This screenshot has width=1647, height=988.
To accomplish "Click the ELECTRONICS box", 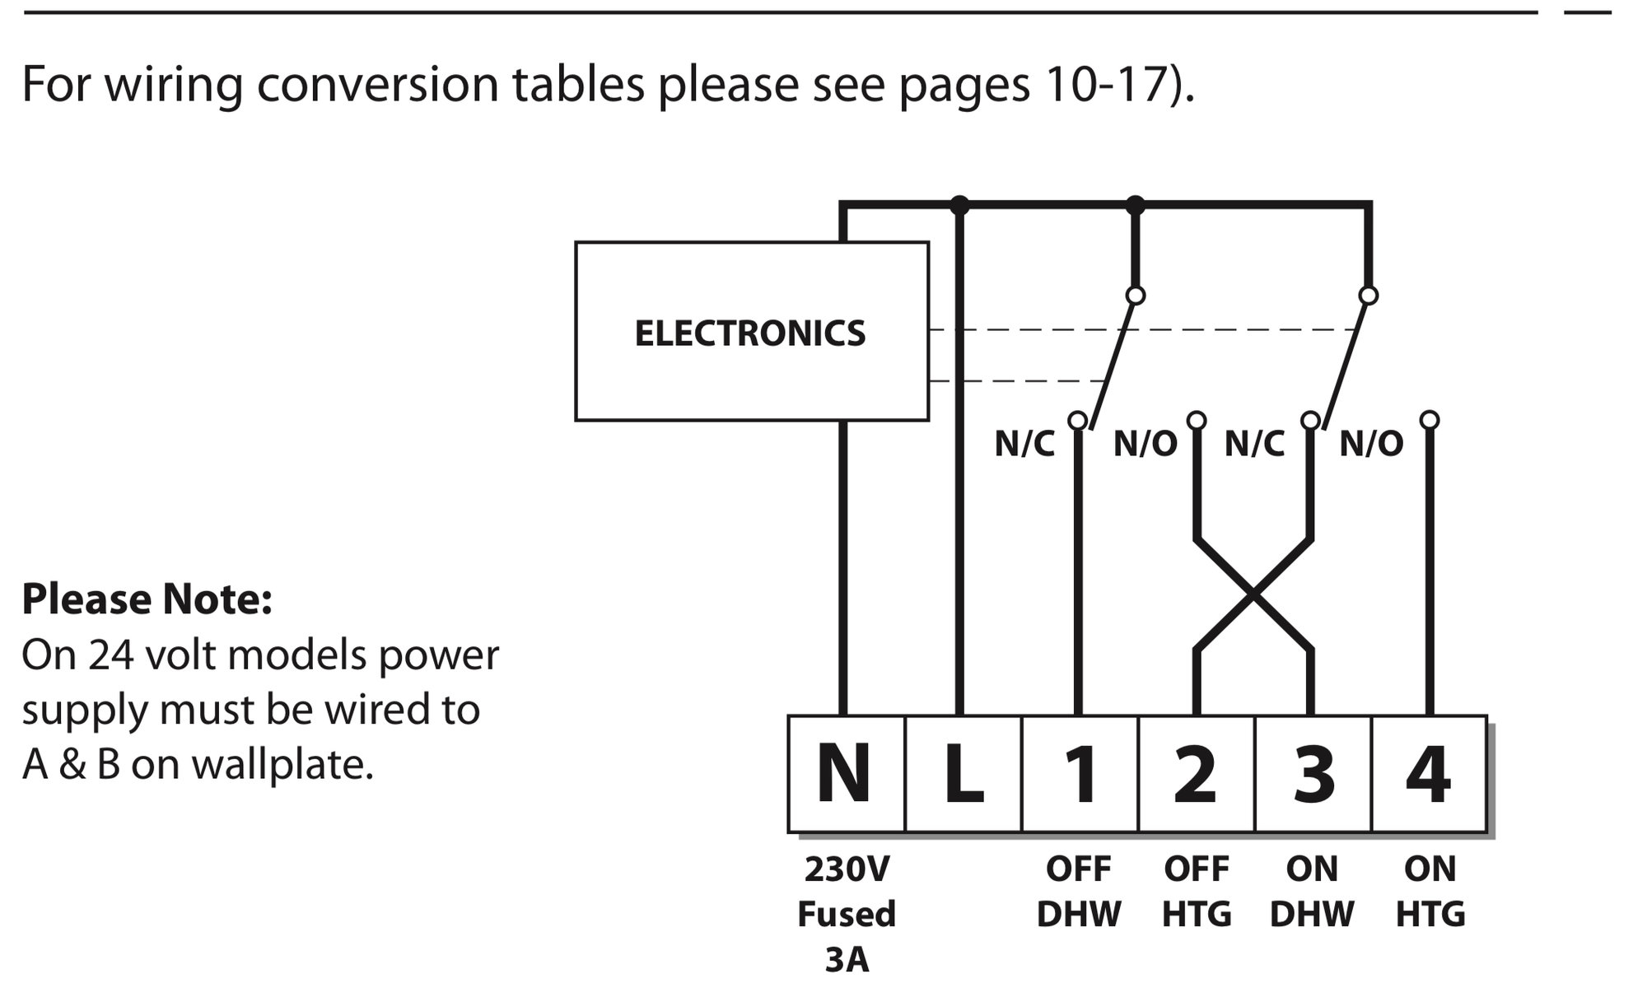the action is click(x=752, y=331).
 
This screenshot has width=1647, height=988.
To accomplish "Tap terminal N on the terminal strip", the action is click(x=846, y=774).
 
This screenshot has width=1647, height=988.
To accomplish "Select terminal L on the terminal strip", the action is click(x=963, y=774).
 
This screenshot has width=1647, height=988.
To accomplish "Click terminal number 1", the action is click(x=1080, y=774).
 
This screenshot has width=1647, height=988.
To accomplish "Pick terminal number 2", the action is click(x=1197, y=774).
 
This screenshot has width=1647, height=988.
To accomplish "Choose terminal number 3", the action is click(x=1313, y=774).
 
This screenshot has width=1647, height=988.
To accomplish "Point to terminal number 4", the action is click(x=1430, y=774).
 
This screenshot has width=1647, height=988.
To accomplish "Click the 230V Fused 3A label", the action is click(x=847, y=914).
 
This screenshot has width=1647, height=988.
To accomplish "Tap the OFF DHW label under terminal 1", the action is click(x=1079, y=892).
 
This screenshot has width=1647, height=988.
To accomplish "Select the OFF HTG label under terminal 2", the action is click(x=1197, y=892).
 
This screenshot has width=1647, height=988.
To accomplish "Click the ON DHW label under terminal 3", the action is click(x=1312, y=892).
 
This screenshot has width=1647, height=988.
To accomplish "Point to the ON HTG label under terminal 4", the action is click(x=1430, y=892).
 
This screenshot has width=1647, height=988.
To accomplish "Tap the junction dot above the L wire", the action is click(x=959, y=204).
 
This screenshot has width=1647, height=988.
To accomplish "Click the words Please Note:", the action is click(x=147, y=599).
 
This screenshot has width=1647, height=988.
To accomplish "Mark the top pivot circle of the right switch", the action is click(x=1368, y=295).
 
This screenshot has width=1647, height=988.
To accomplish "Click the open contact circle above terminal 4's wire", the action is click(x=1430, y=420).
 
